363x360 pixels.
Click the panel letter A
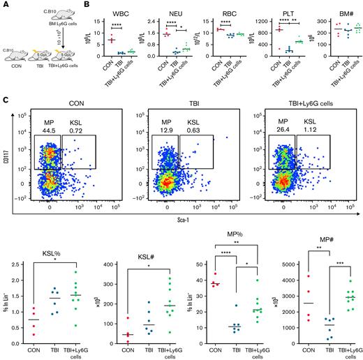pyautogui.click(x=4, y=5)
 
